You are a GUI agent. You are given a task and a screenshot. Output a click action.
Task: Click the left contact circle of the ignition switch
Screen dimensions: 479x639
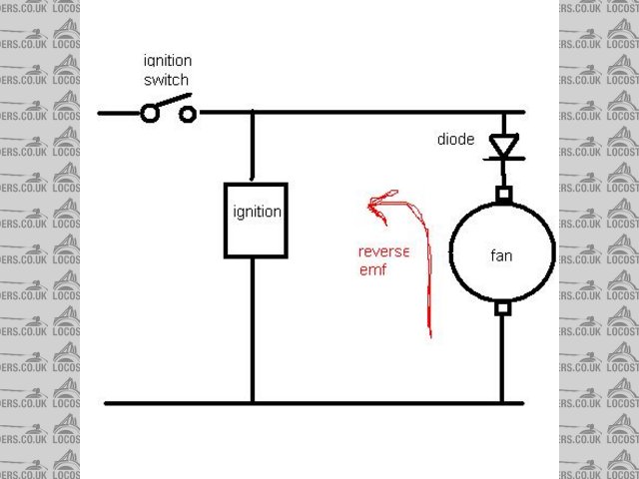pyautogui.click(x=150, y=113)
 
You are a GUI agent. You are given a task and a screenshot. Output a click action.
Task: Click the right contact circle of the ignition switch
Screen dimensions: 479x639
pyautogui.click(x=187, y=113)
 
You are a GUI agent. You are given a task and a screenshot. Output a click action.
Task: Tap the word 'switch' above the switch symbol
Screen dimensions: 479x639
pyautogui.click(x=166, y=80)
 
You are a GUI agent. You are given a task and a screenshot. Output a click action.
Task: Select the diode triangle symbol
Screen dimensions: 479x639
pyautogui.click(x=503, y=147)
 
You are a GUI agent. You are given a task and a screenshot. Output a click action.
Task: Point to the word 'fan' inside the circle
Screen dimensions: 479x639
pyautogui.click(x=501, y=255)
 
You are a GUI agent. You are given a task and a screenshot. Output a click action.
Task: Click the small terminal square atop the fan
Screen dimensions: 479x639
pyautogui.click(x=503, y=193)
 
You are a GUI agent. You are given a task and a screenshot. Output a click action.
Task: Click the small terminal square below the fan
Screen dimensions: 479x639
pyautogui.click(x=503, y=308)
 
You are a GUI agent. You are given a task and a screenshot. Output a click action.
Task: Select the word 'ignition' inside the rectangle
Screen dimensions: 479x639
pyautogui.click(x=256, y=212)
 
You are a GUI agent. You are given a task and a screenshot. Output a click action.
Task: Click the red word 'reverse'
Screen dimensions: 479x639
pyautogui.click(x=383, y=250)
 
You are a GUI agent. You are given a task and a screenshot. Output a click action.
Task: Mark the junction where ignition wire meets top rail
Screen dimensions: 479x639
pyautogui.click(x=252, y=113)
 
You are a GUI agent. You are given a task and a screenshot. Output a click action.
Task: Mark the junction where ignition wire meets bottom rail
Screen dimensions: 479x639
pyautogui.click(x=252, y=403)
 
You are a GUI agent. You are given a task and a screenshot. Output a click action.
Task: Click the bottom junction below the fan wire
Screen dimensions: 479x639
pyautogui.click(x=503, y=403)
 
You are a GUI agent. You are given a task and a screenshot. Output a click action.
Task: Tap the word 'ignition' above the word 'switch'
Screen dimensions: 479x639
pyautogui.click(x=166, y=62)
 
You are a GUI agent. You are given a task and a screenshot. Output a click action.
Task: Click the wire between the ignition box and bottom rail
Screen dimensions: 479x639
pyautogui.click(x=252, y=329)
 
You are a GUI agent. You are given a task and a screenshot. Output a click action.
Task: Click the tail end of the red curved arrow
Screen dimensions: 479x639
pyautogui.click(x=429, y=334)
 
